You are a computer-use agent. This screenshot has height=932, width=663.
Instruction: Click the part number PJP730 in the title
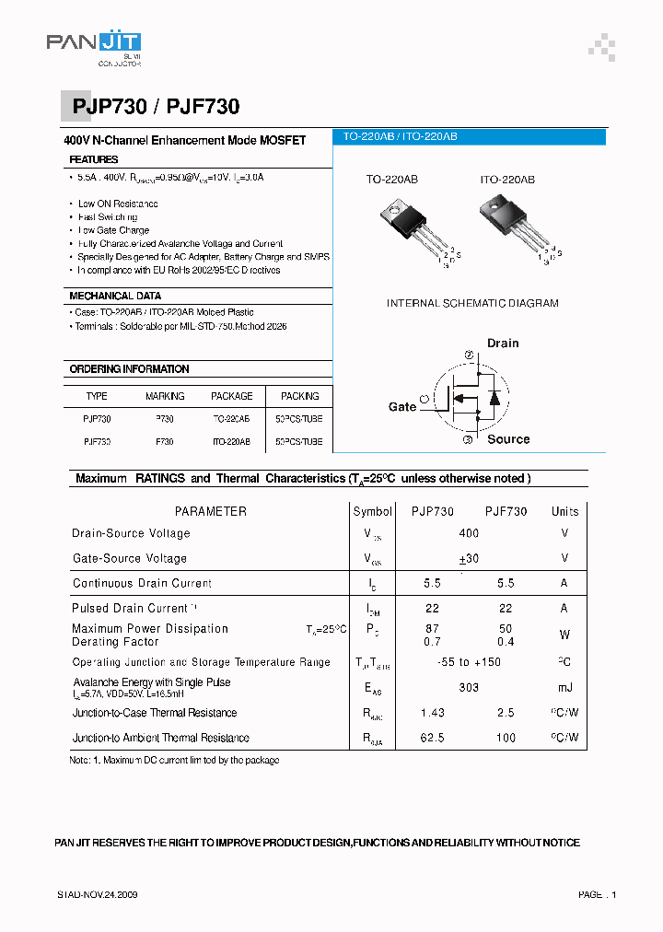(x=109, y=107)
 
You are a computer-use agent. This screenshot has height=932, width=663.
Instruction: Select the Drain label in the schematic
(x=503, y=343)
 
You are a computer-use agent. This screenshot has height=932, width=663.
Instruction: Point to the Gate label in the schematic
(x=402, y=406)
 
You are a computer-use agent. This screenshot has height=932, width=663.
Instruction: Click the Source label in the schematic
(x=508, y=439)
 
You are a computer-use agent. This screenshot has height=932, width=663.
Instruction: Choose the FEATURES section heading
(x=94, y=159)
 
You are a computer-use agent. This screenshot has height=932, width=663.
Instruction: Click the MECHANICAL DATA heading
(x=115, y=297)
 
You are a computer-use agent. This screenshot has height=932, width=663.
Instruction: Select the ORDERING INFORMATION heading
(x=129, y=369)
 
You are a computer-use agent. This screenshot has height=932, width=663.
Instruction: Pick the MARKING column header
(x=165, y=396)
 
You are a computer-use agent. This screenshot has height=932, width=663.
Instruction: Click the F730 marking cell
(x=165, y=442)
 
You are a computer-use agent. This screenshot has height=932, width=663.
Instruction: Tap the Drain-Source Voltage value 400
(x=469, y=533)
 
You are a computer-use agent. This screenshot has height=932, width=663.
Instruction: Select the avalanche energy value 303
(x=469, y=688)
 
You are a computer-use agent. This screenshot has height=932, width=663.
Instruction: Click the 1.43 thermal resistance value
(x=432, y=713)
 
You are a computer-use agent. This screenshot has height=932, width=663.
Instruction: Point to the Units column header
(x=564, y=511)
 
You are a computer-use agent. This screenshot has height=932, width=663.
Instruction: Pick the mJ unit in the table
(x=564, y=688)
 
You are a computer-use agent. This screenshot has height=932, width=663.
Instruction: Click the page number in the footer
(x=597, y=895)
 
